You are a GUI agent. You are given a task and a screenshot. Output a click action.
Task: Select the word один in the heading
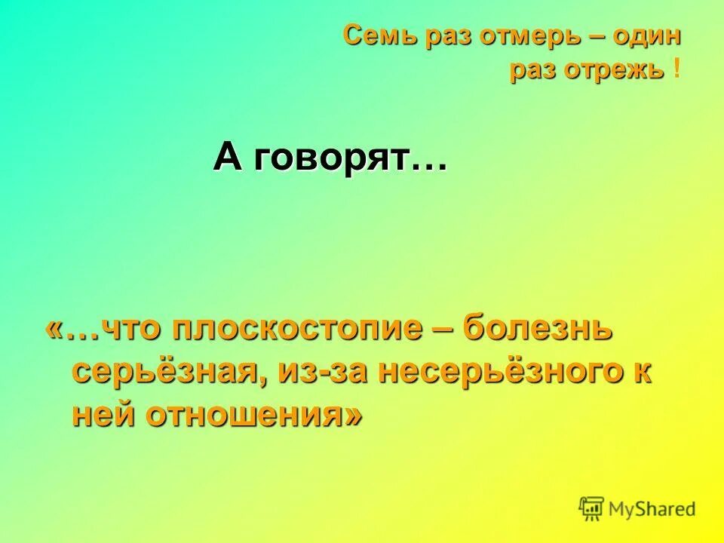click(649, 35)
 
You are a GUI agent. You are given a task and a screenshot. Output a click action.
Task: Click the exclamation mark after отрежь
click(676, 69)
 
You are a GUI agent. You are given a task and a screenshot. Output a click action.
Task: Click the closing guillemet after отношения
click(351, 414)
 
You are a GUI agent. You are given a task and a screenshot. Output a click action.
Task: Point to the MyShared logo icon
click(593, 508)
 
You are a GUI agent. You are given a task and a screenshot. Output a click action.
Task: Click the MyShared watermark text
click(652, 509)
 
